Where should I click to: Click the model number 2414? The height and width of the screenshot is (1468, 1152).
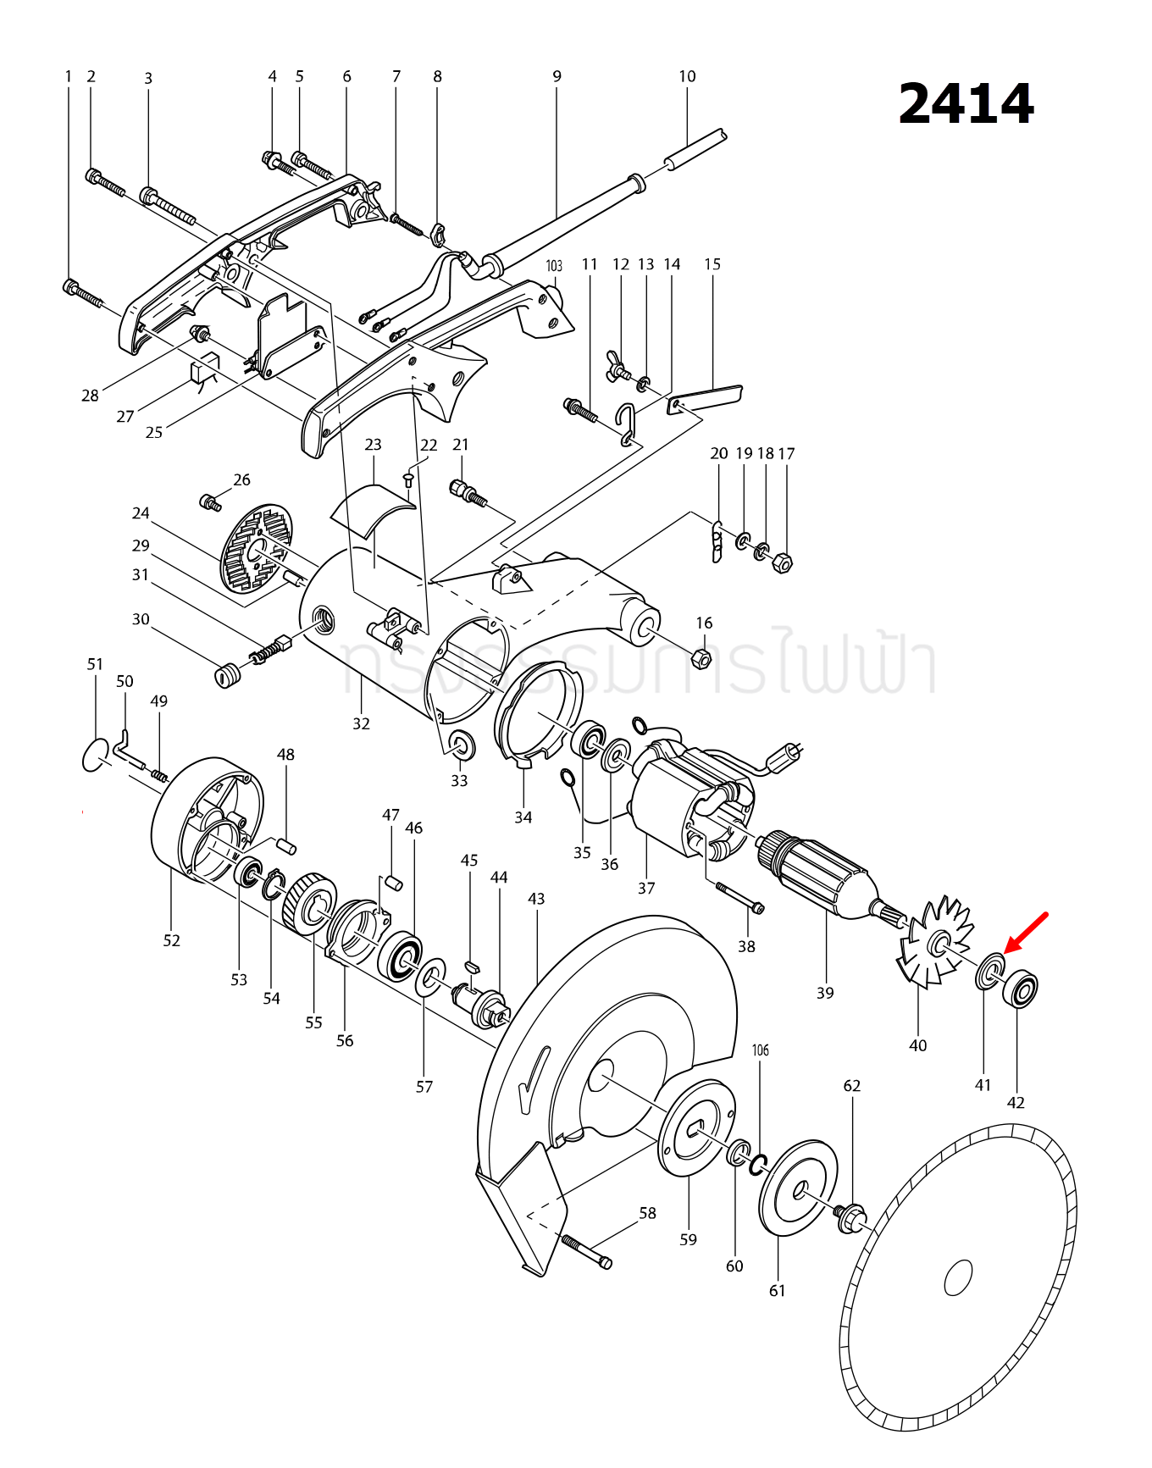click(x=966, y=104)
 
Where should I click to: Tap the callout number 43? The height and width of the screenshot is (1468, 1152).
click(x=536, y=898)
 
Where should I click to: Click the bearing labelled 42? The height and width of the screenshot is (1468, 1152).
click(x=1020, y=989)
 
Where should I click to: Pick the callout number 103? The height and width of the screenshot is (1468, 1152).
click(x=554, y=266)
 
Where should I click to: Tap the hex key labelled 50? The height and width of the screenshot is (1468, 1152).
click(x=124, y=748)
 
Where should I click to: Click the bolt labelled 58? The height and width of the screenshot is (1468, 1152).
click(x=585, y=1252)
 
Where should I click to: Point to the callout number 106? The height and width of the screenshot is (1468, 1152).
click(x=761, y=1050)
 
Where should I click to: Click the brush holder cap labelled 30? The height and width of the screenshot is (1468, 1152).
click(x=224, y=676)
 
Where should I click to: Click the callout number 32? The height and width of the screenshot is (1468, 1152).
click(x=362, y=723)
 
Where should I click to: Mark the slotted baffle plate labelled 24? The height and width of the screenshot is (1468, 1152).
click(x=256, y=548)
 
